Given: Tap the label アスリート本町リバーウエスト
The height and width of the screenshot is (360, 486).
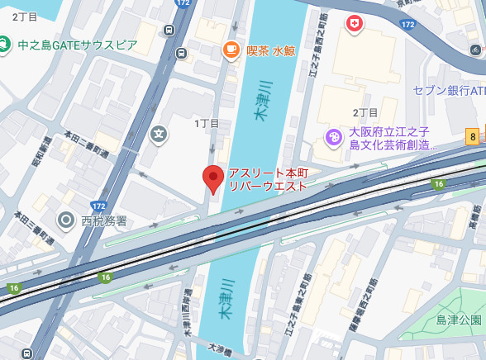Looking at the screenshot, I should pyautogui.click(x=268, y=179).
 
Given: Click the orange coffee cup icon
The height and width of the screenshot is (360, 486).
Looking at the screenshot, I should pyautogui.click(x=231, y=51).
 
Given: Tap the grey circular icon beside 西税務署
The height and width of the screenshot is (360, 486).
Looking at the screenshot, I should pyautogui.click(x=66, y=220).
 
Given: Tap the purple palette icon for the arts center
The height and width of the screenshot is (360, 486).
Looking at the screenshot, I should pyautogui.click(x=334, y=137).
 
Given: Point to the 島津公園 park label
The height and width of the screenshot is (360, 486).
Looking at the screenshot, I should pyautogui.click(x=459, y=320).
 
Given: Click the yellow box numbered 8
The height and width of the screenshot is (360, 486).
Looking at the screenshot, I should pyautogui.click(x=472, y=137).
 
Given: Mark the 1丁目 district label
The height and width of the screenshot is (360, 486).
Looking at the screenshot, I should pyautogui.click(x=207, y=123).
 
